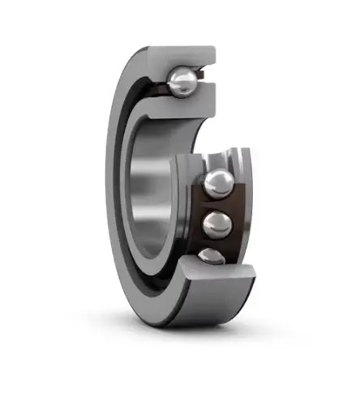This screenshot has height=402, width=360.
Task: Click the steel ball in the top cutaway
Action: point(183,81)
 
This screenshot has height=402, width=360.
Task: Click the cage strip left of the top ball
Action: point(159,81)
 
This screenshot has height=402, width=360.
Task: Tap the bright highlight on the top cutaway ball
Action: point(180,76)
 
